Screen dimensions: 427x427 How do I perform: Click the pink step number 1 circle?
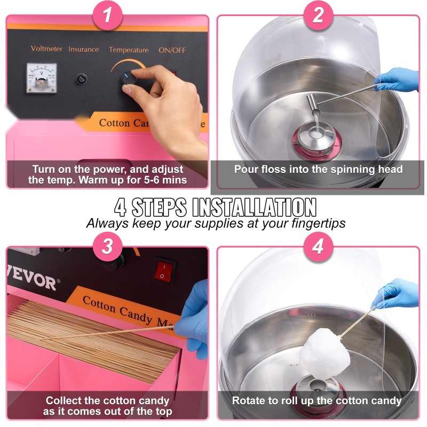pos(108,15)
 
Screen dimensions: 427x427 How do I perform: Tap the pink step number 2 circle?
pos(318,15)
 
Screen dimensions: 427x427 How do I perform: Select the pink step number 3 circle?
pos(108,247)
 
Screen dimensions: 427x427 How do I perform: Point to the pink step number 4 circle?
pos(318,247)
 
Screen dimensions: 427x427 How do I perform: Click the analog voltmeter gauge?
pos(42,78)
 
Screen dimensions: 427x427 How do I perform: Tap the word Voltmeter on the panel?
pos(46,49)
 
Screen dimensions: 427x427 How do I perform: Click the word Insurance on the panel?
pos(84,49)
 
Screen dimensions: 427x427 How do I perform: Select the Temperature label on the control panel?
pos(129,50)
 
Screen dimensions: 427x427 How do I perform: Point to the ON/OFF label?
pos(172,50)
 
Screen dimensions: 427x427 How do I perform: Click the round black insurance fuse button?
pos(82,78)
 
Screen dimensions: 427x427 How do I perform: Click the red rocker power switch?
pos(164,271)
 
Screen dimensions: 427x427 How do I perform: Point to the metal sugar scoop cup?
pos(313,104)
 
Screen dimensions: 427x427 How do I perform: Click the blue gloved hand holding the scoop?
pos(397,80)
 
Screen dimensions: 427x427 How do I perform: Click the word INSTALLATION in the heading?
pos(255,208)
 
